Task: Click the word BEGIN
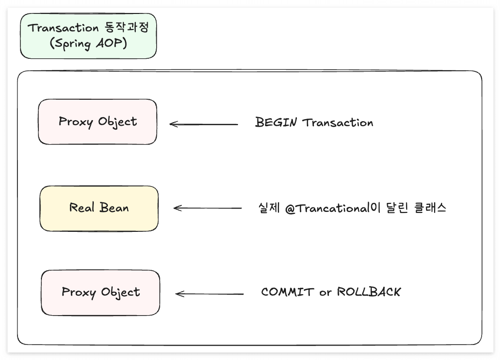[276, 122]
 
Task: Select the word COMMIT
[287, 292]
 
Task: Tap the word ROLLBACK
[369, 292]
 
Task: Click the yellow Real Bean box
[99, 208]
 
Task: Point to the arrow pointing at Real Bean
[208, 208]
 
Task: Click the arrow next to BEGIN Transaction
[204, 124]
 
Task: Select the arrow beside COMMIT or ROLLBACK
[210, 294]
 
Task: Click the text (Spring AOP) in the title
[88, 43]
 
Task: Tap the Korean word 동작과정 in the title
[127, 27]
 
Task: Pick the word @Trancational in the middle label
[327, 208]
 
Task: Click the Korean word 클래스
[430, 208]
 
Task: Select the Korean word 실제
[269, 208]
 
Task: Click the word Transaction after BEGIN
[338, 123]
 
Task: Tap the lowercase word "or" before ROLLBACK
[325, 292]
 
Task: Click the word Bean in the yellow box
[114, 208]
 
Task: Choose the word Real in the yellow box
[82, 208]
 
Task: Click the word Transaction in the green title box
[63, 28]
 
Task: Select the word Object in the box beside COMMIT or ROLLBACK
[120, 292]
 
